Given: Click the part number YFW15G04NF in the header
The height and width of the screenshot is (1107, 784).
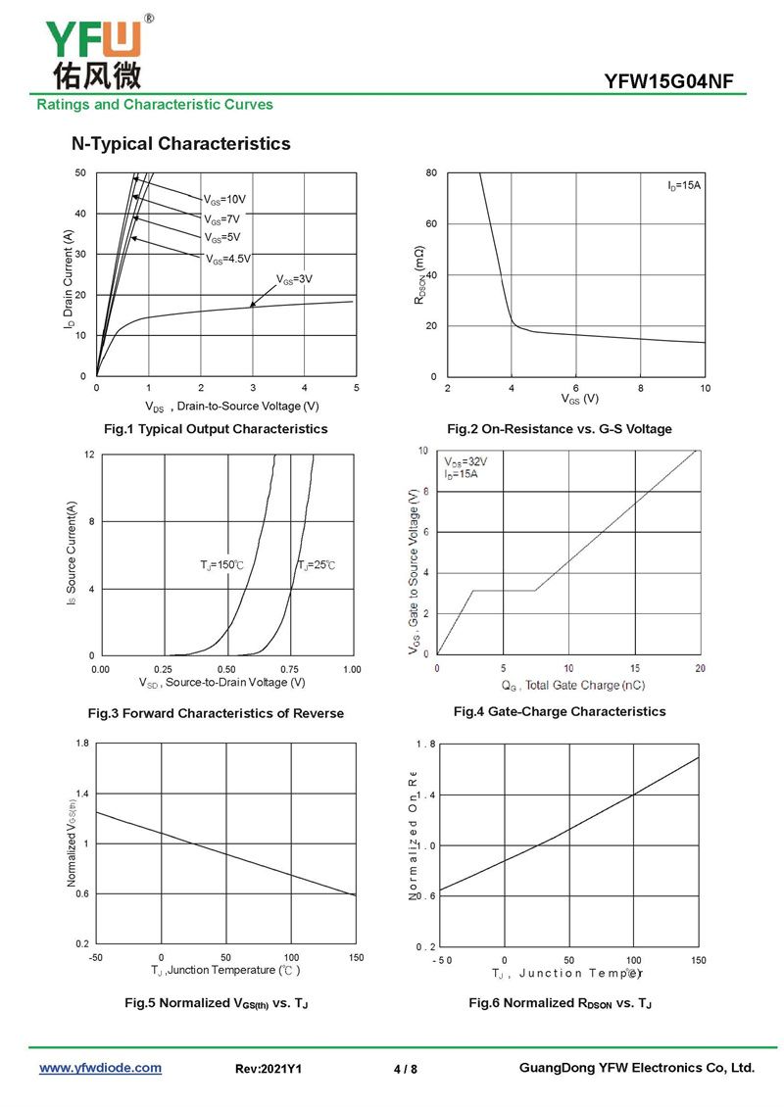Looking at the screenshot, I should pyautogui.click(x=668, y=81).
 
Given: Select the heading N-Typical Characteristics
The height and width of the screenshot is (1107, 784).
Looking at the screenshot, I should pyautogui.click(x=180, y=144).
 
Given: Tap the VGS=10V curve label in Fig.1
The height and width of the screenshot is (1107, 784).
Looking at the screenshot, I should pyautogui.click(x=224, y=199).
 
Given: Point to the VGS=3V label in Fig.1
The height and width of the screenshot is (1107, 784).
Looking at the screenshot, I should pyautogui.click(x=293, y=279).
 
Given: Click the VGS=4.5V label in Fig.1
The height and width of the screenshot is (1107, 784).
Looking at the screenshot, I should pyautogui.click(x=227, y=259).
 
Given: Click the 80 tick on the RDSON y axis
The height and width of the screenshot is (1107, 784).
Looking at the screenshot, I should pyautogui.click(x=430, y=173).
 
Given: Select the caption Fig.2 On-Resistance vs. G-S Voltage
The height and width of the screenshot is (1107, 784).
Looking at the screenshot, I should pyautogui.click(x=559, y=429).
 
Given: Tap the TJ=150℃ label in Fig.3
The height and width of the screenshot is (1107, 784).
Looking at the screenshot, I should pyautogui.click(x=221, y=565).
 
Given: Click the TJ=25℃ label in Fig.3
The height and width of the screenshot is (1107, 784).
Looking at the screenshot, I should pyautogui.click(x=317, y=565).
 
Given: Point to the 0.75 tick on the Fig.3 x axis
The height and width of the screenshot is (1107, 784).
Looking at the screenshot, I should pyautogui.click(x=291, y=668).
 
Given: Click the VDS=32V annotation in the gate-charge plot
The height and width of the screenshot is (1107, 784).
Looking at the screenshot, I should pyautogui.click(x=465, y=461).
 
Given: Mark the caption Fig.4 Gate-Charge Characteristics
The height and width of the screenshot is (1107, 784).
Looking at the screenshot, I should pyautogui.click(x=559, y=711).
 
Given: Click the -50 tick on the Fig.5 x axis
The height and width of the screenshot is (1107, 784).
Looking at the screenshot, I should pyautogui.click(x=96, y=957).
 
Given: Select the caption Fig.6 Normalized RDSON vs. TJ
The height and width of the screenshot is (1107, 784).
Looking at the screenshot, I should pyautogui.click(x=560, y=1003).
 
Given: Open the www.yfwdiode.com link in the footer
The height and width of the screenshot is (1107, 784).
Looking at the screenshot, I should pyautogui.click(x=100, y=1068).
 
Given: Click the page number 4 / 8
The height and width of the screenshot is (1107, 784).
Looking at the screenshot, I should pyautogui.click(x=405, y=1069).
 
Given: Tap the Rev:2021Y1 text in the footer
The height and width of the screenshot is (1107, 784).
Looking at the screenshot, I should pyautogui.click(x=269, y=1069).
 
